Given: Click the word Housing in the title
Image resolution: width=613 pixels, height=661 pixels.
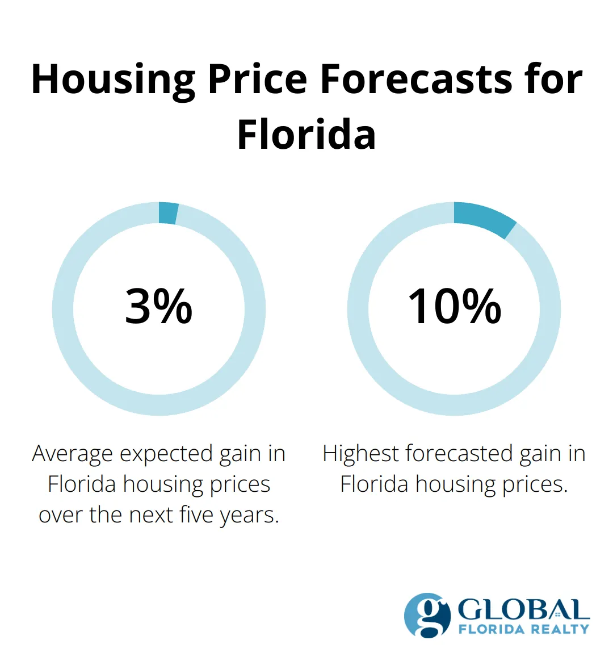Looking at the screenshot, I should (114, 80).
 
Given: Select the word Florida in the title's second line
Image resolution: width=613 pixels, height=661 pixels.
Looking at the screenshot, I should (306, 135).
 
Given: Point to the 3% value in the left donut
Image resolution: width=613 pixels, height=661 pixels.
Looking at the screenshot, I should (159, 307).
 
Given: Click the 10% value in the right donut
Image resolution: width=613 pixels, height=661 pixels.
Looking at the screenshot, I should (454, 307).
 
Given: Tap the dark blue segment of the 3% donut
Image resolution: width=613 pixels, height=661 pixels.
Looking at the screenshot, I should (168, 213).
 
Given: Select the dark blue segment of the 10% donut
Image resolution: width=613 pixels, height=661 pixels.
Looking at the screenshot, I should (486, 219).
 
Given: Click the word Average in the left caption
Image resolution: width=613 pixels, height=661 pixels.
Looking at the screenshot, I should (73, 454).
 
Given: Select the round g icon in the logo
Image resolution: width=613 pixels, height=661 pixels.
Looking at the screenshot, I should (426, 616).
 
